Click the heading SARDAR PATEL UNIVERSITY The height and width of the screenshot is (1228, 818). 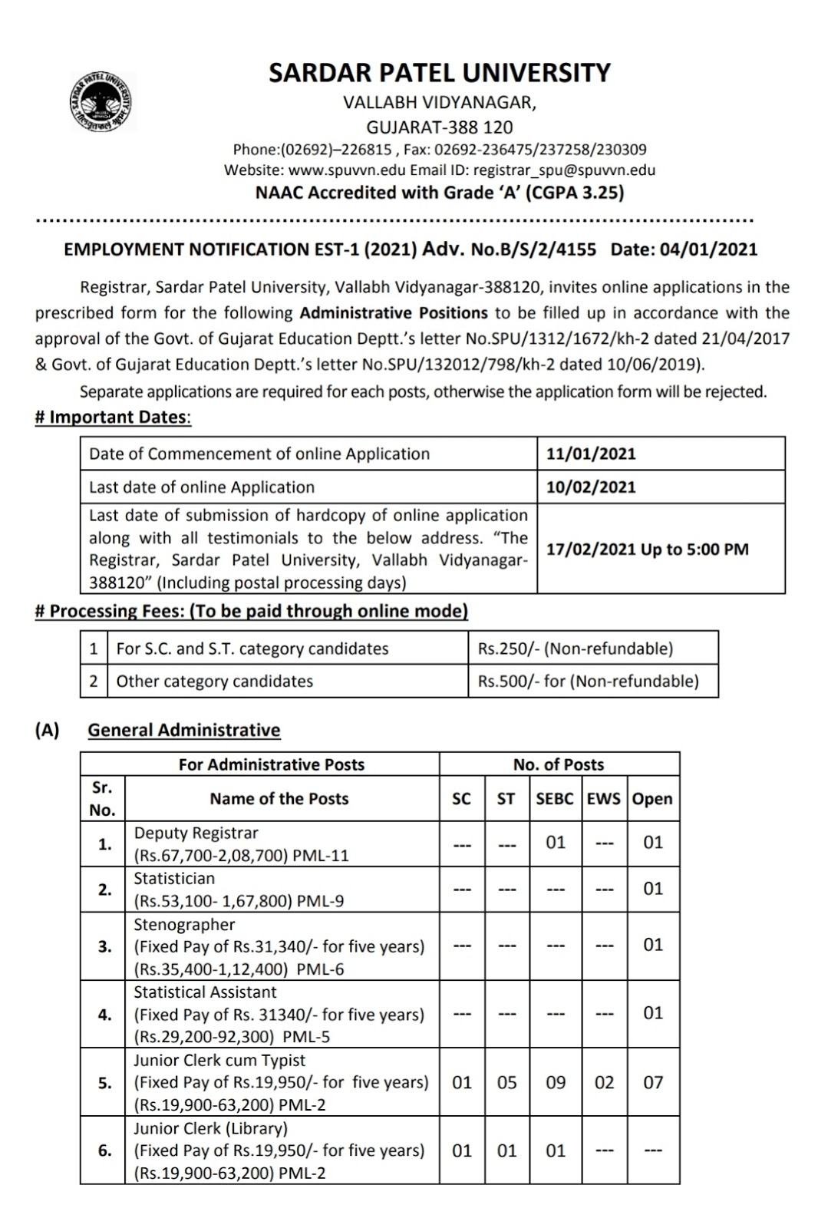coord(440,73)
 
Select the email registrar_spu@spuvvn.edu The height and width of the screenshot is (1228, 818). coord(564,170)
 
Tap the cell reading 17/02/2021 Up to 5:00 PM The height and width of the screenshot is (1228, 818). coord(647,550)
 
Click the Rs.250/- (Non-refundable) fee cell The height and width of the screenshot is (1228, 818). coord(575,649)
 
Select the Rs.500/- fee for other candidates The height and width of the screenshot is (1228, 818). coord(588,682)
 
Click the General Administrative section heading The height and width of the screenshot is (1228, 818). coord(184,730)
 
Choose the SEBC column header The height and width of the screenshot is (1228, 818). coord(555,799)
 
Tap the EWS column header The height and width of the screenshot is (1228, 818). coord(604,799)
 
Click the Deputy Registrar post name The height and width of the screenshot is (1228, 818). coord(196,834)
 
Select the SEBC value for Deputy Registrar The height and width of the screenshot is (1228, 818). coord(556,843)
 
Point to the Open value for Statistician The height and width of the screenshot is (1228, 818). coord(653,889)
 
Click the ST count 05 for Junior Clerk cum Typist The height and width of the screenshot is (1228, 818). coord(507,1083)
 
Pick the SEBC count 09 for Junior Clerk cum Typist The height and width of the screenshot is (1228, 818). coord(556,1083)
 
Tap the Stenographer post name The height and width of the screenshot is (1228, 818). coord(184,925)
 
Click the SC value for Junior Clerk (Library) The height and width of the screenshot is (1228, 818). coord(462,1151)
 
